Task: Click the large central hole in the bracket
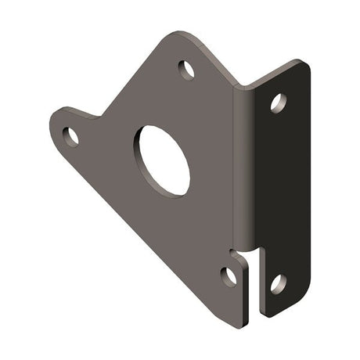pos(164,161)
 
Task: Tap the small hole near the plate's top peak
pos(187,70)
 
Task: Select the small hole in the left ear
pos(70,137)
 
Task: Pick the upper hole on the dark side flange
pos(278,102)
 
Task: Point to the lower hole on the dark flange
pos(278,283)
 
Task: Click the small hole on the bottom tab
pos(229,275)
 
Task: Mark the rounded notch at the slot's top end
pos(249,253)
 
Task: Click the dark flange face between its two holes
pos(278,192)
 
